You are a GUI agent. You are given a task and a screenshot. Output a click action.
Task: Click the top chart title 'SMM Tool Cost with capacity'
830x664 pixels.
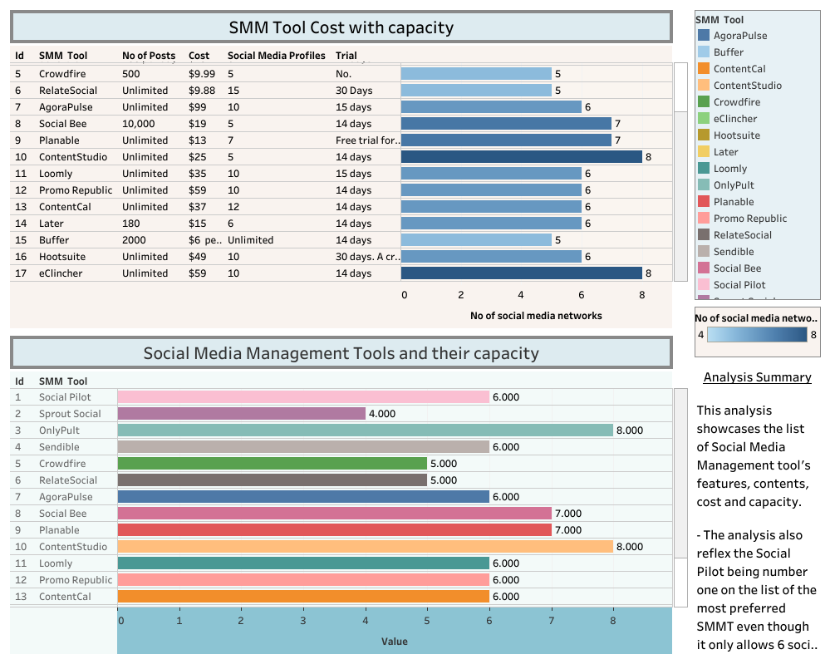point(341,27)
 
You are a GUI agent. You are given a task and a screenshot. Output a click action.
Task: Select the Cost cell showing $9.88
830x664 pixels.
point(202,91)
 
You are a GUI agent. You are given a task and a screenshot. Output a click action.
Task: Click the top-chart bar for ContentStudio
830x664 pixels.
point(521,156)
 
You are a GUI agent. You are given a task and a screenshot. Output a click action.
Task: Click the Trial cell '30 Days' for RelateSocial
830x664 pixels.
point(354,91)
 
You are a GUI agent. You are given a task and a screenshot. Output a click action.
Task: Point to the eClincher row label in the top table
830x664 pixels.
point(61,273)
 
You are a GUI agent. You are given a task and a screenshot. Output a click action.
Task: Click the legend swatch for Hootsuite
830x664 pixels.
point(704,135)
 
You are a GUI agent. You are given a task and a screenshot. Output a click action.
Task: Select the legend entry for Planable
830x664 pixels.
point(734,202)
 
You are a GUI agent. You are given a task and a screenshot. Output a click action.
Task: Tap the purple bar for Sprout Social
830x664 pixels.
point(241,413)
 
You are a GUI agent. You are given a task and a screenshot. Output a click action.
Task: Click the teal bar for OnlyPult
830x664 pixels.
point(365,430)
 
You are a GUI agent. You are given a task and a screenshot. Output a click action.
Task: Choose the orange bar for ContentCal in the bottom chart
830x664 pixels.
point(303,596)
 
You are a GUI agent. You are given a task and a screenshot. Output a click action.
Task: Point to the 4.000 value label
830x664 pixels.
point(382,414)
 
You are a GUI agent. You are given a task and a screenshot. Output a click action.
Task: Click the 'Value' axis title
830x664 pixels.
point(394,642)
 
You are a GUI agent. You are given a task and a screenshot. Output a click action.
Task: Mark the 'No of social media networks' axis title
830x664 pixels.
point(536,316)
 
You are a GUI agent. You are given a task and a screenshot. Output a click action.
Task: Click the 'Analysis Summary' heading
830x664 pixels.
point(757,377)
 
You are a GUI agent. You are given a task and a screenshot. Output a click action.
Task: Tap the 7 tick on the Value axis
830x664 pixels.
point(551,621)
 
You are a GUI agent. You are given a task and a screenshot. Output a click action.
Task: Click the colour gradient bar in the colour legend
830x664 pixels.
point(757,335)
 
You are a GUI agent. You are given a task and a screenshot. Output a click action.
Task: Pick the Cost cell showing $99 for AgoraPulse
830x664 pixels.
point(197,107)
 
